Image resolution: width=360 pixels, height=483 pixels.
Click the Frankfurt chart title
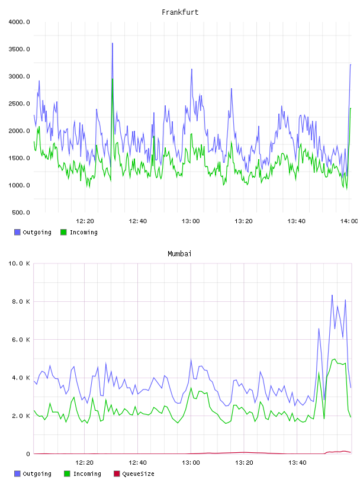click(x=180, y=12)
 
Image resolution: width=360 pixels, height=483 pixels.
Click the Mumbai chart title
click(x=179, y=254)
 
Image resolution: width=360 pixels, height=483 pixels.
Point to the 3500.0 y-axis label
click(x=19, y=49)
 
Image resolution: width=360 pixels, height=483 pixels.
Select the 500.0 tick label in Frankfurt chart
click(x=21, y=212)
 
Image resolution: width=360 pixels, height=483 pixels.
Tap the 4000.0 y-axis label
click(x=19, y=22)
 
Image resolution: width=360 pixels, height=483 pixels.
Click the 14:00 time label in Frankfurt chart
click(x=349, y=221)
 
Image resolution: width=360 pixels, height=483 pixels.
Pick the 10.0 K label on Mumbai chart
click(x=19, y=263)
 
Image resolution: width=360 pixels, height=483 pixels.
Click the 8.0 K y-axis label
click(x=21, y=301)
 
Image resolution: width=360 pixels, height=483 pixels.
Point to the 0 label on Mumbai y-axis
click(x=28, y=454)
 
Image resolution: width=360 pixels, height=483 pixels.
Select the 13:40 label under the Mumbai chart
click(x=297, y=463)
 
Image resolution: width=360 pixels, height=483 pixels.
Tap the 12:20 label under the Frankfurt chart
click(x=85, y=221)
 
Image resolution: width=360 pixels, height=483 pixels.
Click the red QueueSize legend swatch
click(x=117, y=474)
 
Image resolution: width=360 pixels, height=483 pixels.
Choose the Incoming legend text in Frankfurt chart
click(x=83, y=232)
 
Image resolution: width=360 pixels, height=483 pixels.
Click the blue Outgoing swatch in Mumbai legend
click(x=17, y=474)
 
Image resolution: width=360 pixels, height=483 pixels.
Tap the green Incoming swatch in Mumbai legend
click(x=67, y=474)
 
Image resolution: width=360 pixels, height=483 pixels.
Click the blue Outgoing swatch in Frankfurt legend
click(x=17, y=232)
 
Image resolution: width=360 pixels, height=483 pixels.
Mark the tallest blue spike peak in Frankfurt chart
click(x=112, y=43)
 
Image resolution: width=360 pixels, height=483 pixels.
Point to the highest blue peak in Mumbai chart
click(x=332, y=295)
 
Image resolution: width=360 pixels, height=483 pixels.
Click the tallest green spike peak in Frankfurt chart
click(x=112, y=79)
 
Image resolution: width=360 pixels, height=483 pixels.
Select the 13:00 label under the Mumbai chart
click(x=191, y=463)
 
